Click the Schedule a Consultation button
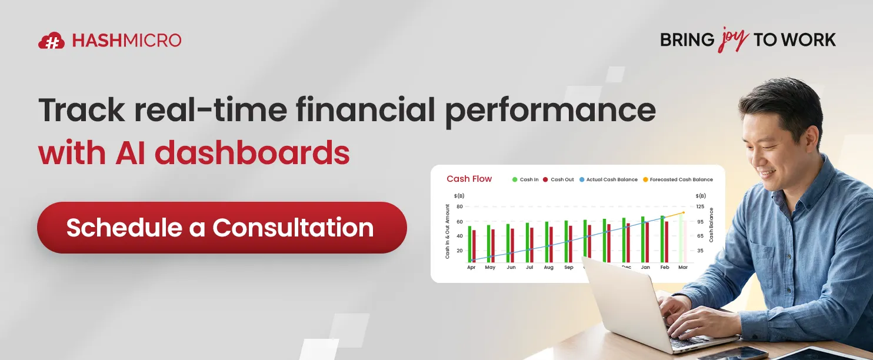222,228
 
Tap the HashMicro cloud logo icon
51,41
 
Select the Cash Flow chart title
469,179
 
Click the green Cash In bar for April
469,244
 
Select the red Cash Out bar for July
532,245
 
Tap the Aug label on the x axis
548,267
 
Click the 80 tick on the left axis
459,206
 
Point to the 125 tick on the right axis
699,206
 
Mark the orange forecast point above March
683,212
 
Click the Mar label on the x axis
682,267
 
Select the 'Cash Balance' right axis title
711,225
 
